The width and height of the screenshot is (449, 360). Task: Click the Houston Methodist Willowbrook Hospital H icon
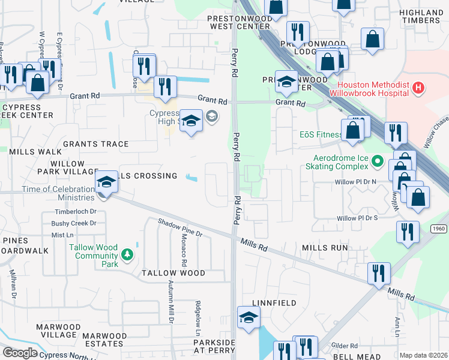[x=418, y=88]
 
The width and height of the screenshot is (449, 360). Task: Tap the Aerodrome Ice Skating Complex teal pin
[x=376, y=161]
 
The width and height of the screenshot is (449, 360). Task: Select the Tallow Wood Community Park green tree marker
[x=127, y=256]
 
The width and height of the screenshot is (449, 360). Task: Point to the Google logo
[x=20, y=353]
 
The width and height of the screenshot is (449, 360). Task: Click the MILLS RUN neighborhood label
[x=325, y=247]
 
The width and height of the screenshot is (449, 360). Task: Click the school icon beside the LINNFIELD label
[x=249, y=319]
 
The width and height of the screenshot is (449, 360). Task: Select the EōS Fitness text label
[x=320, y=135]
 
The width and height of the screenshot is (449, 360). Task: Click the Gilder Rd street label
[x=345, y=346]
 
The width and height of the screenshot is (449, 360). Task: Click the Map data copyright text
[x=423, y=355]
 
